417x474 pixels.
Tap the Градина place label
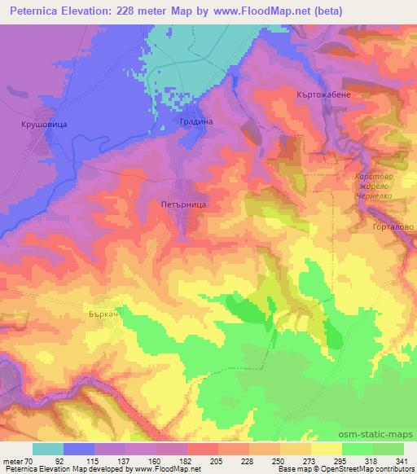tap(195, 121)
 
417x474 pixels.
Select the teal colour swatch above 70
tap(48, 449)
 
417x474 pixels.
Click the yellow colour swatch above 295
tap(326, 449)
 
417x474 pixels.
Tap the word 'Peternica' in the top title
tap(37, 11)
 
